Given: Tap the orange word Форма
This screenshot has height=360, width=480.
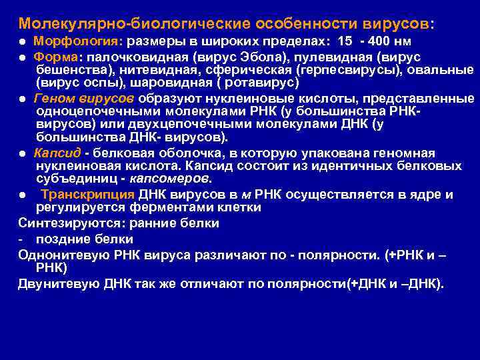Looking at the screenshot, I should point(55,56).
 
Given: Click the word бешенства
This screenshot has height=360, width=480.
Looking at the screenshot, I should point(69,69).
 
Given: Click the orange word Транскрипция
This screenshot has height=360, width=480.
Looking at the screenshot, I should point(87,194).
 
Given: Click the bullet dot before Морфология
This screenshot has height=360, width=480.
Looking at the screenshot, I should point(22,42).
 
